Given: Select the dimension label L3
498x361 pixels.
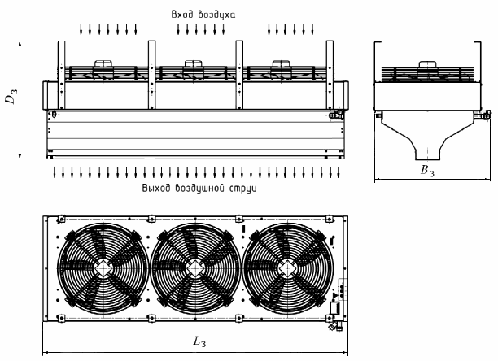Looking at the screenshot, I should click(x=198, y=342).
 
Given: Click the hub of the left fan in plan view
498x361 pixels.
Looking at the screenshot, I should click(x=103, y=267).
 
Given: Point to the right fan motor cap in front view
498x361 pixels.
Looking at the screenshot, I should click(x=282, y=63).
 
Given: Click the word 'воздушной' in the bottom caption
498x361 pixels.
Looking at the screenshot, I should click(x=200, y=188).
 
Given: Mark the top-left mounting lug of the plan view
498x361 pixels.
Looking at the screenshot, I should click(x=60, y=217).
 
